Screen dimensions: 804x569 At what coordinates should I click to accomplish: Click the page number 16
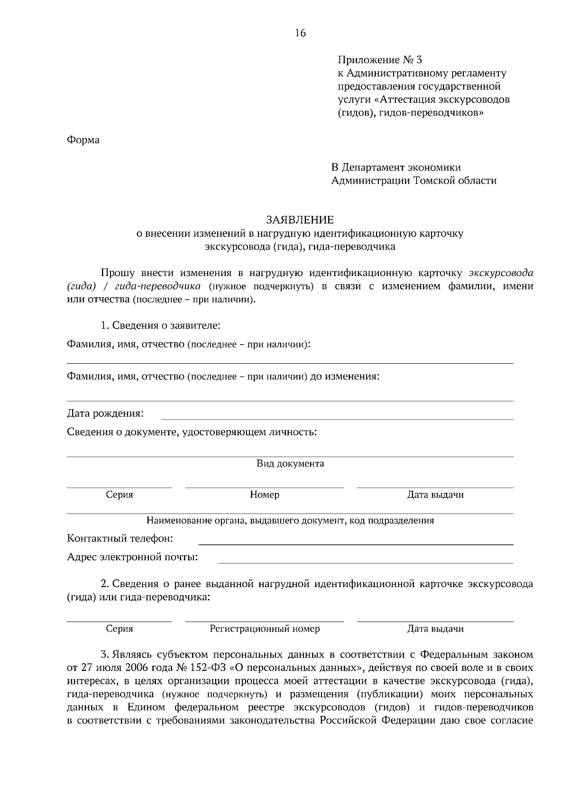300,33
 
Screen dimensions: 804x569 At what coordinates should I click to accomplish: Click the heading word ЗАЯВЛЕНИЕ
300,220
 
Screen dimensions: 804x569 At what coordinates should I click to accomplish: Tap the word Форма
83,140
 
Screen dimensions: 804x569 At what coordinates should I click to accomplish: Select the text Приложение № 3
379,60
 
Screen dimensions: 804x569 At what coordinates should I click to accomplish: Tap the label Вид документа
290,464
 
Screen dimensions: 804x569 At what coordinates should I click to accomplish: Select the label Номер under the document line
265,495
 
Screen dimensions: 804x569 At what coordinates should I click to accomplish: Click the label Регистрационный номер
265,629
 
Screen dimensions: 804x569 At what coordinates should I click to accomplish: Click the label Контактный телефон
120,539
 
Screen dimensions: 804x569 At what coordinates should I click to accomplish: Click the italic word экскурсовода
501,273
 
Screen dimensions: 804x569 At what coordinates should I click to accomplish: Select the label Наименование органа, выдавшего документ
247,521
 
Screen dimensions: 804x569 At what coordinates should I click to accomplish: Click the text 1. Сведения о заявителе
160,326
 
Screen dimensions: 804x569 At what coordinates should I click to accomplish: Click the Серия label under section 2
119,629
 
